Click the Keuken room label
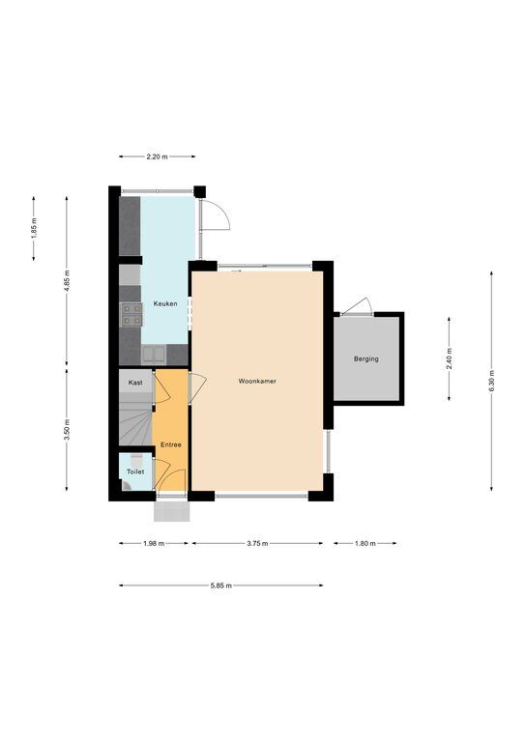(165, 303)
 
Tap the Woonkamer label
(257, 381)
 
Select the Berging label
(365, 359)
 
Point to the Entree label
(171, 444)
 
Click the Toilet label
(135, 471)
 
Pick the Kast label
(135, 383)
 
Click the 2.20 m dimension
(158, 157)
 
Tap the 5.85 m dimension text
(221, 585)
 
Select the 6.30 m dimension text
(492, 381)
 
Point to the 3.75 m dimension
(257, 543)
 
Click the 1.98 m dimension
(154, 543)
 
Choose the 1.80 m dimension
(365, 543)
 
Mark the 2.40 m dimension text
(450, 358)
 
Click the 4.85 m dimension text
(67, 281)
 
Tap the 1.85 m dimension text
(34, 228)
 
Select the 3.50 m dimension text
(67, 430)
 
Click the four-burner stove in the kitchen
(131, 315)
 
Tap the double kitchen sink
(154, 354)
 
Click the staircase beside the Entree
(135, 422)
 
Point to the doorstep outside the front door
(172, 511)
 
